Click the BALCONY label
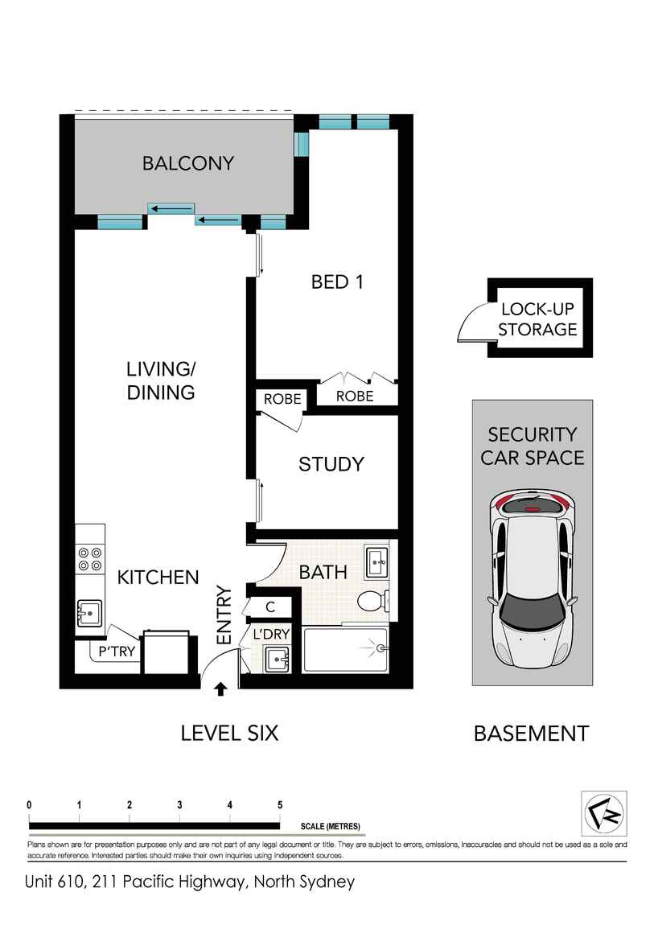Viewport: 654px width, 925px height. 188,162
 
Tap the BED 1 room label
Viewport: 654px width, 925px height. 337,282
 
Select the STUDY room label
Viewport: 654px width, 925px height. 331,464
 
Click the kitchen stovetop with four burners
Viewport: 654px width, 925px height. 90,559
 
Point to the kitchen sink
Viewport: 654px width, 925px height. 89,614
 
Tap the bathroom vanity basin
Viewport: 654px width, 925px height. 376,563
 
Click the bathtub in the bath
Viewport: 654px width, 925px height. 346,649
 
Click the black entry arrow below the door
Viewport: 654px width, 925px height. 220,689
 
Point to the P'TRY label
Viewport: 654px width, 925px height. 117,652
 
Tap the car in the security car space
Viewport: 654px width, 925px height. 533,578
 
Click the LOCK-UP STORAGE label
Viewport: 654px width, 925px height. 537,319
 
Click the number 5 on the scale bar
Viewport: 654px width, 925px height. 280,804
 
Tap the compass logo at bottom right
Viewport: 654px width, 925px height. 604,814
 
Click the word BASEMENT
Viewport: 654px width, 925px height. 532,734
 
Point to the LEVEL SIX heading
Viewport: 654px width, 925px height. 229,734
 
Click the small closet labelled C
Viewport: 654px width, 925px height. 270,607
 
